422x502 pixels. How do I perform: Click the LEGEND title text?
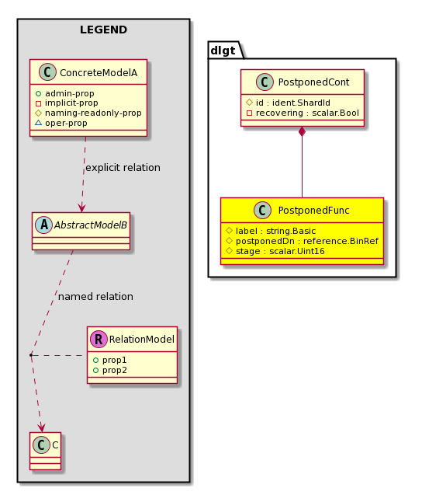tap(104, 30)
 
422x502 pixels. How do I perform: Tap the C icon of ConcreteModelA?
tap(47, 72)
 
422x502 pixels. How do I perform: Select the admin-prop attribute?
tap(69, 93)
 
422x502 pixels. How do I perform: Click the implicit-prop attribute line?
tap(71, 103)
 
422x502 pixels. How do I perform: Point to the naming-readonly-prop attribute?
tap(93, 113)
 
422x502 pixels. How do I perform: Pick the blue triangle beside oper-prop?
tap(38, 123)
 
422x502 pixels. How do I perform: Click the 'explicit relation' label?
tap(123, 167)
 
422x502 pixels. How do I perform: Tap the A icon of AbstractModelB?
tap(43, 225)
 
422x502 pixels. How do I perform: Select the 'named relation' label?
tap(95, 297)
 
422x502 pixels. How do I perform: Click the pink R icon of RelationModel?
tap(99, 339)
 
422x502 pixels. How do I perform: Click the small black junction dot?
tap(31, 355)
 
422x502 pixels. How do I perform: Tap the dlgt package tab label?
tap(223, 51)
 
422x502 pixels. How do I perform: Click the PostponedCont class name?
tap(313, 82)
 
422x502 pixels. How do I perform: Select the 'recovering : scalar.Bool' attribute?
tap(307, 113)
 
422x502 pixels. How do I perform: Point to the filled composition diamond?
tap(302, 131)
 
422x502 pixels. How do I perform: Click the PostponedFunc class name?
tap(313, 211)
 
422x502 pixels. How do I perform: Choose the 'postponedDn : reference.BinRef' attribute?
tap(307, 241)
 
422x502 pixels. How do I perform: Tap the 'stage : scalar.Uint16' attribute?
tap(280, 251)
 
